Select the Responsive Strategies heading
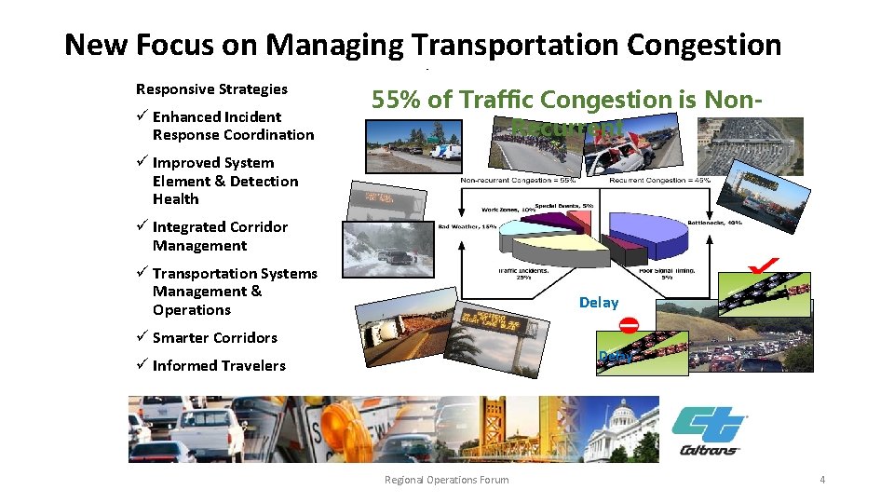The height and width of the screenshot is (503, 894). pos(211,89)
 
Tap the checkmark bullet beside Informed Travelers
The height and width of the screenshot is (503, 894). pos(142,365)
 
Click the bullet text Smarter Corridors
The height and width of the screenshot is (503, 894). pos(214,338)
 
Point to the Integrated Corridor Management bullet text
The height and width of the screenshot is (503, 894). pos(220,237)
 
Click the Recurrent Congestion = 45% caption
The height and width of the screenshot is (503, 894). pos(668,180)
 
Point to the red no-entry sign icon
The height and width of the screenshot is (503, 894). pos(630,325)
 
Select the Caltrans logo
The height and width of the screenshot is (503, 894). pos(709,430)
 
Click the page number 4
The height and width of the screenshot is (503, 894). pos(822,480)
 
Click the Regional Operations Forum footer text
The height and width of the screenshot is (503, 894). pos(447,480)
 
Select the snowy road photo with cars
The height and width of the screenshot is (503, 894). pos(389,250)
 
